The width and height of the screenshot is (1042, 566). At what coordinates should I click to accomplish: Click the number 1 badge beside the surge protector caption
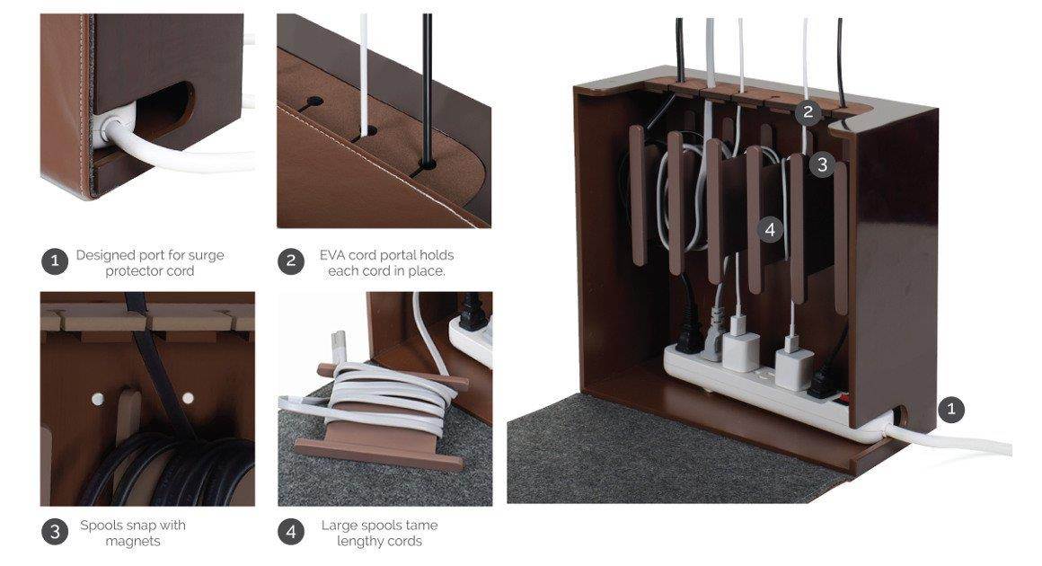(55, 262)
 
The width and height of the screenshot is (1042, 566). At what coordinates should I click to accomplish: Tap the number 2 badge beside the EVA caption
(290, 262)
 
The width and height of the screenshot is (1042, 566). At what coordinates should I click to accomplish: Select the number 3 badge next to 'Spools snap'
(55, 532)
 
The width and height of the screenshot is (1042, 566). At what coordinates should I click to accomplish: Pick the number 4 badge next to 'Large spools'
(290, 532)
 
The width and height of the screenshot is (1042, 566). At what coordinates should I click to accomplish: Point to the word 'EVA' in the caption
(334, 255)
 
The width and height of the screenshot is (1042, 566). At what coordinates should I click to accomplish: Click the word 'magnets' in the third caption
(132, 541)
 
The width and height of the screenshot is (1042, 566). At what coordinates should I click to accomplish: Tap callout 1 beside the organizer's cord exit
(951, 411)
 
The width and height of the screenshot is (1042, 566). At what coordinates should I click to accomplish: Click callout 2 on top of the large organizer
(808, 112)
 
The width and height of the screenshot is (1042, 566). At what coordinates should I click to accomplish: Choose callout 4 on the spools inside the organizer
(770, 229)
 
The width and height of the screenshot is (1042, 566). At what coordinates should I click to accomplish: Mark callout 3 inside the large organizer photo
(821, 164)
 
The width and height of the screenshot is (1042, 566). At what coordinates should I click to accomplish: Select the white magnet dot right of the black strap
(188, 397)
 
